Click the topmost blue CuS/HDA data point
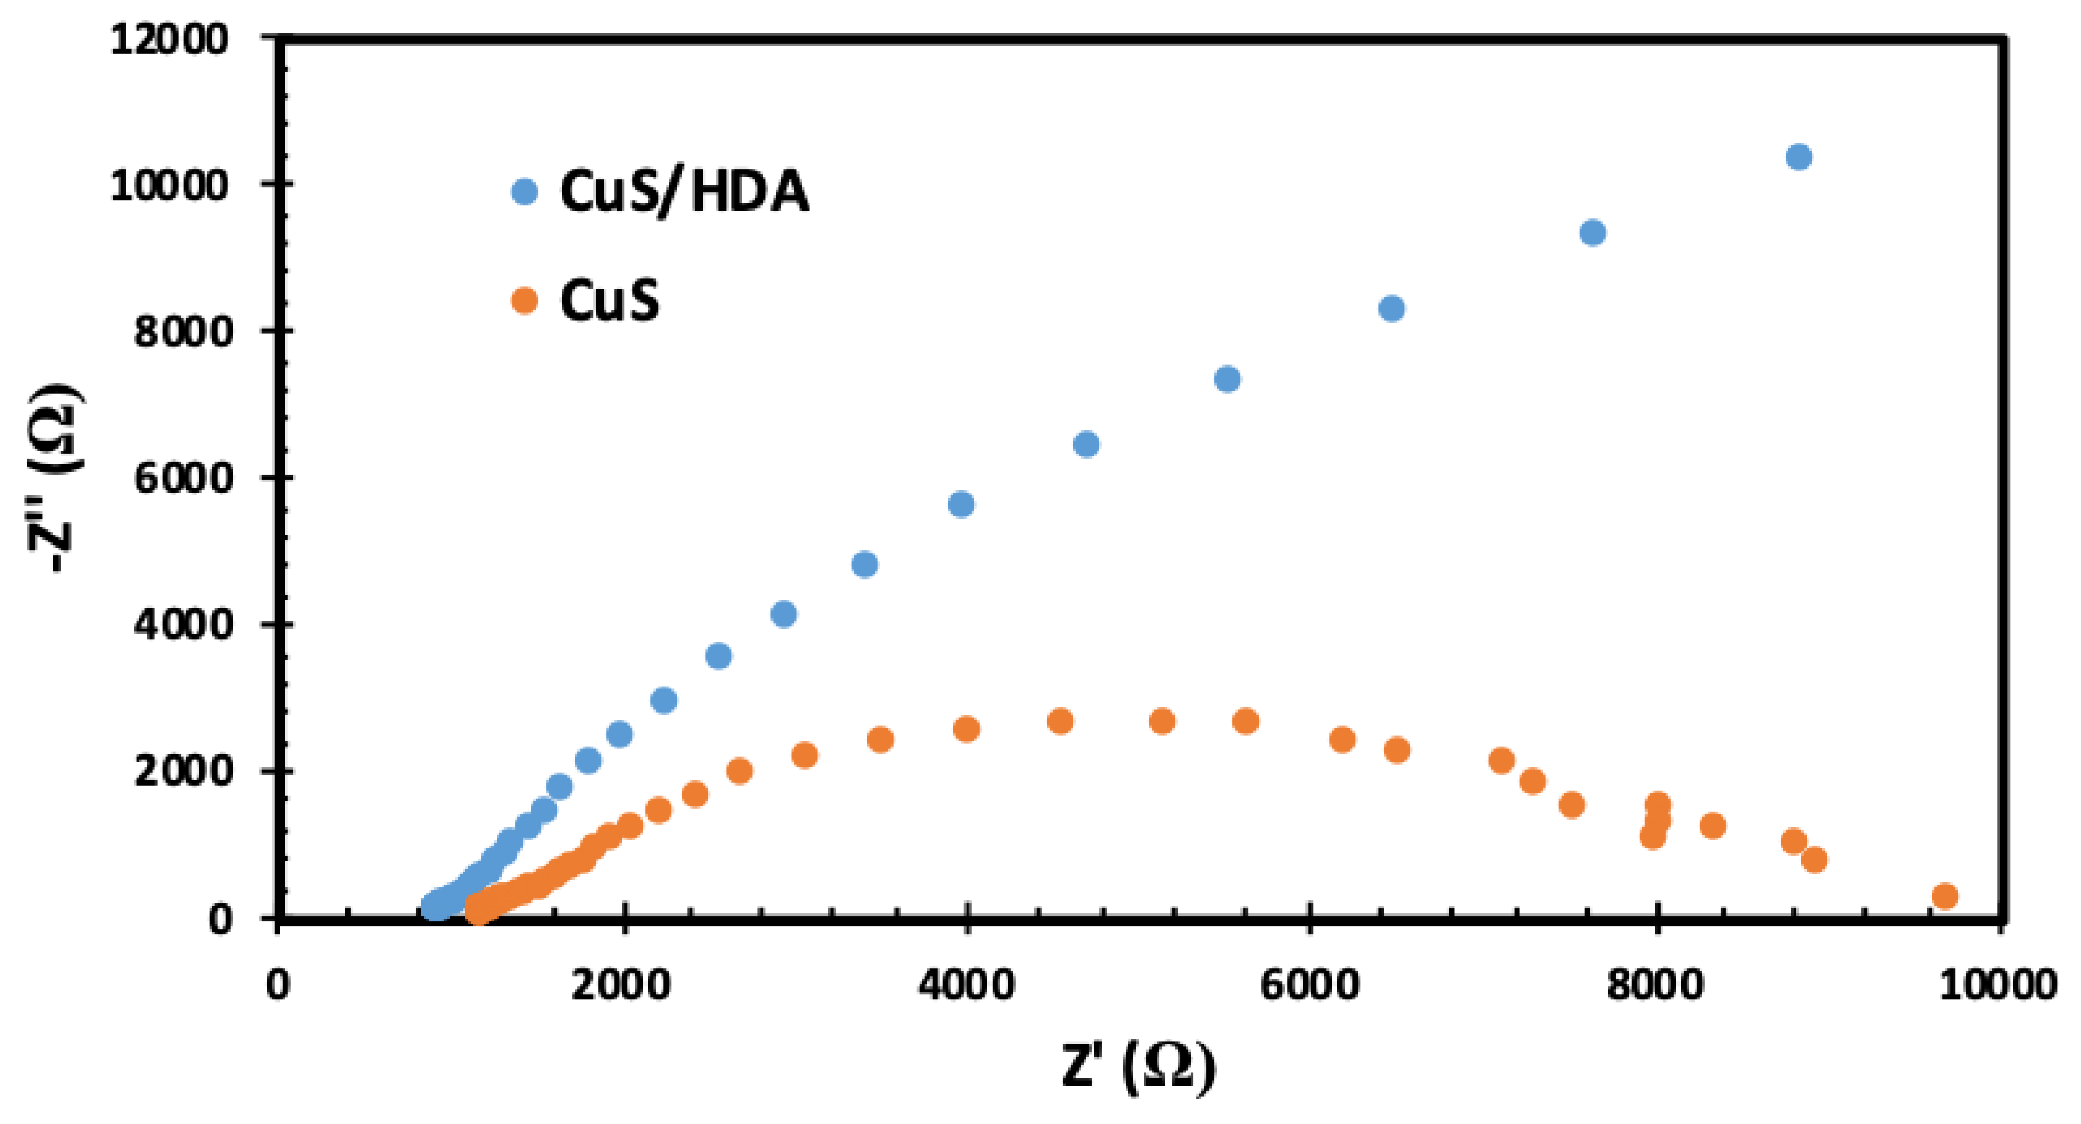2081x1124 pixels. [x=1798, y=156]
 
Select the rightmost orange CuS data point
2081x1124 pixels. [x=1945, y=895]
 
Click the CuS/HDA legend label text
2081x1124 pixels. [x=684, y=192]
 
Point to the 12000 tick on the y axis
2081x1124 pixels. [x=169, y=38]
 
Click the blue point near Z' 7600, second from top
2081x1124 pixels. [x=1592, y=233]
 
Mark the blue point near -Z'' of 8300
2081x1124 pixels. [x=1391, y=308]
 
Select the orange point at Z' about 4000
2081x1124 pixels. [x=966, y=730]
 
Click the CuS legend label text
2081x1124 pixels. [x=609, y=301]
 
